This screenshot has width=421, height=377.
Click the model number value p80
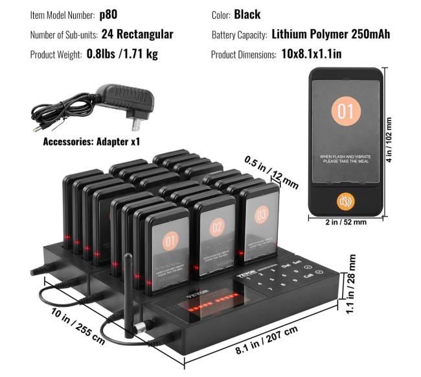(x=108, y=14)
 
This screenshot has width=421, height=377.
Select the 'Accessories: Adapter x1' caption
(x=91, y=141)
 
